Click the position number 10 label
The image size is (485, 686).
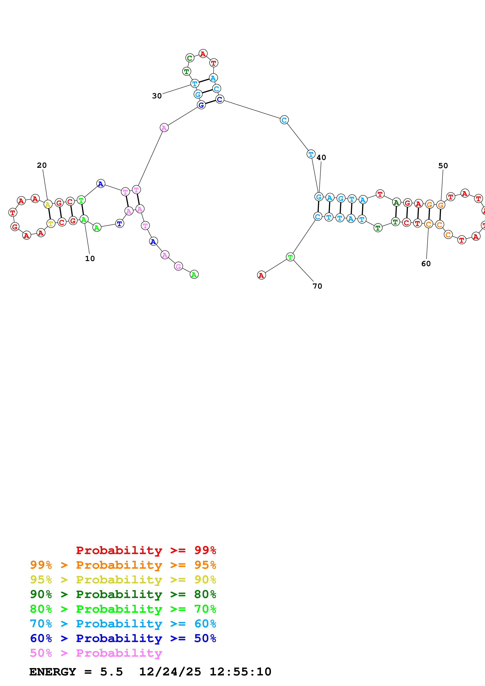(90, 259)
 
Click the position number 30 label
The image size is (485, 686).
(157, 96)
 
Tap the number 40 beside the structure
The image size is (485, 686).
(321, 157)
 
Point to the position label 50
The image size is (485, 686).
(443, 166)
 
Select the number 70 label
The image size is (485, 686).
(317, 286)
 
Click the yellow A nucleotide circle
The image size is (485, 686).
(48, 204)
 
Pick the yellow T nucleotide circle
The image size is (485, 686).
(51, 223)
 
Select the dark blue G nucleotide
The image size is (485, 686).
(201, 105)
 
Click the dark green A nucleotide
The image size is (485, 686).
(396, 203)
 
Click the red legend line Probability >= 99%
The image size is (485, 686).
(146, 550)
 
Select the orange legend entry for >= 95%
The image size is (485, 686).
(123, 565)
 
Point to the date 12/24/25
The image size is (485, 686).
(170, 672)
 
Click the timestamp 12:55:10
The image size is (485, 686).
(240, 672)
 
